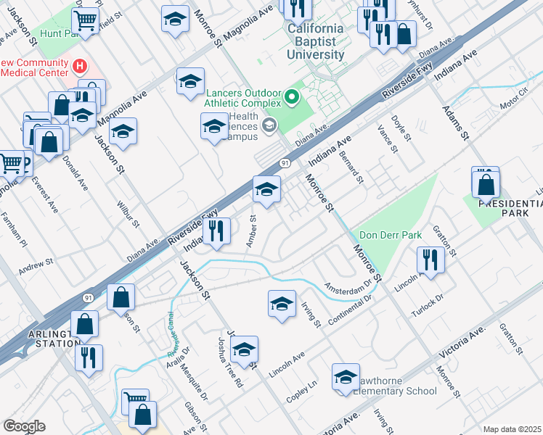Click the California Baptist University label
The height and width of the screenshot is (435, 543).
click(x=315, y=42)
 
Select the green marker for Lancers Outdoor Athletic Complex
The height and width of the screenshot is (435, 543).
click(x=292, y=96)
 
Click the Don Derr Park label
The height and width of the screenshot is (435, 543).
click(x=390, y=236)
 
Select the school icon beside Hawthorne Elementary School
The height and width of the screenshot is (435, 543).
click(x=346, y=377)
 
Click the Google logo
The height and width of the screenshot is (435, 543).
click(x=23, y=426)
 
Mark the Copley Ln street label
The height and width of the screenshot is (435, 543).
click(x=303, y=387)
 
